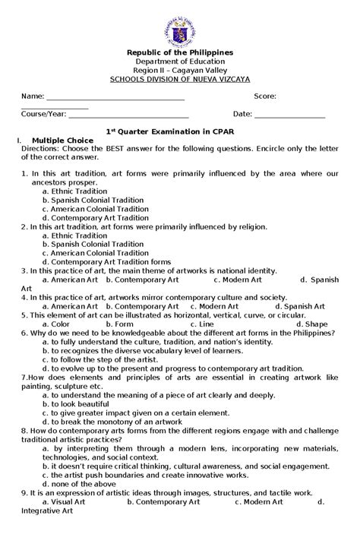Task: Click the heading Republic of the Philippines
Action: coord(179,51)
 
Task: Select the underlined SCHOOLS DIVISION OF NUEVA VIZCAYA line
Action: coord(179,78)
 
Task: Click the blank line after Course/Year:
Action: coord(128,115)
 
